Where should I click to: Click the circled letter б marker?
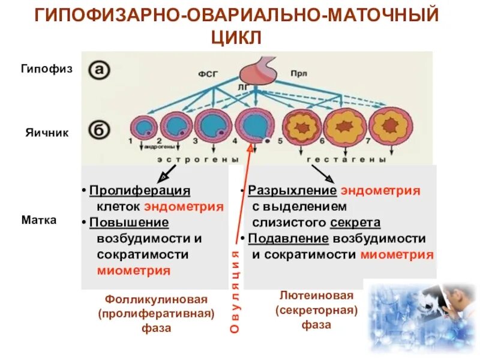coord(100,130)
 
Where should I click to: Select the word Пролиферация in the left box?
coord(139,191)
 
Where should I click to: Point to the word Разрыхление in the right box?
coord(292,191)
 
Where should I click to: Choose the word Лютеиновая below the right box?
coord(317,295)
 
